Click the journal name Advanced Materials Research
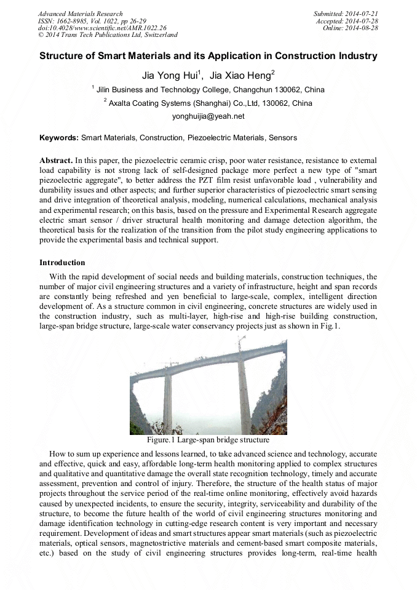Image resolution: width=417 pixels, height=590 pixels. point(80,14)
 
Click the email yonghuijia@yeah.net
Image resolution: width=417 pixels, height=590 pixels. point(208,116)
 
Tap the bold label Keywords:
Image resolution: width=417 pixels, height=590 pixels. point(59,138)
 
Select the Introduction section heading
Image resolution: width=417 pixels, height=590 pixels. point(62,263)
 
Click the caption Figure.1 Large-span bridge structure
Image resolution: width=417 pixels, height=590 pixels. point(208,440)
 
